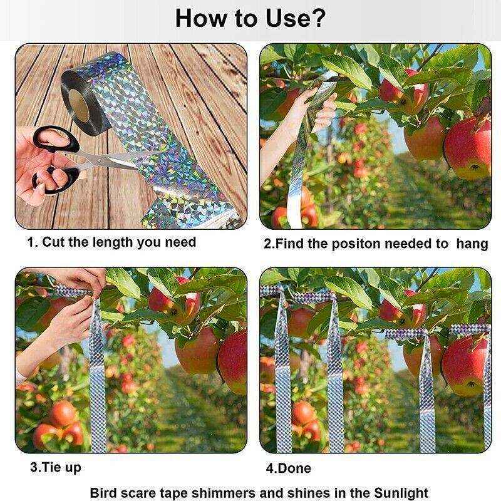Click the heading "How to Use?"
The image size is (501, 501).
(x=250, y=18)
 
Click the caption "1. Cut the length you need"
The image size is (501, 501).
(x=111, y=242)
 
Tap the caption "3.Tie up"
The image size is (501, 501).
(x=56, y=467)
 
